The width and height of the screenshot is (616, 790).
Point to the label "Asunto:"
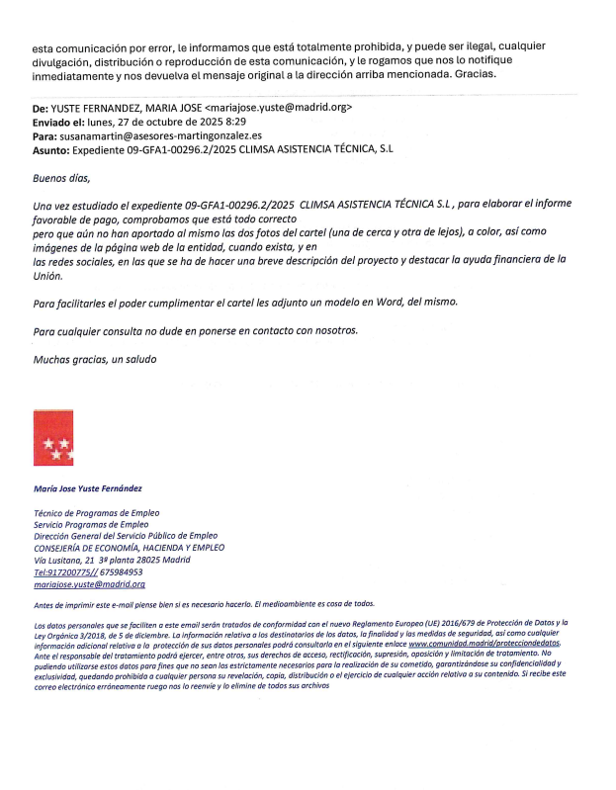[51, 149]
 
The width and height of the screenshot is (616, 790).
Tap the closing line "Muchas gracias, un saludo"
[95, 358]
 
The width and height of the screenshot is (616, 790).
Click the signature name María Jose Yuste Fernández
[88, 488]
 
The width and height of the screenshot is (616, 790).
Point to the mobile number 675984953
[121, 571]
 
